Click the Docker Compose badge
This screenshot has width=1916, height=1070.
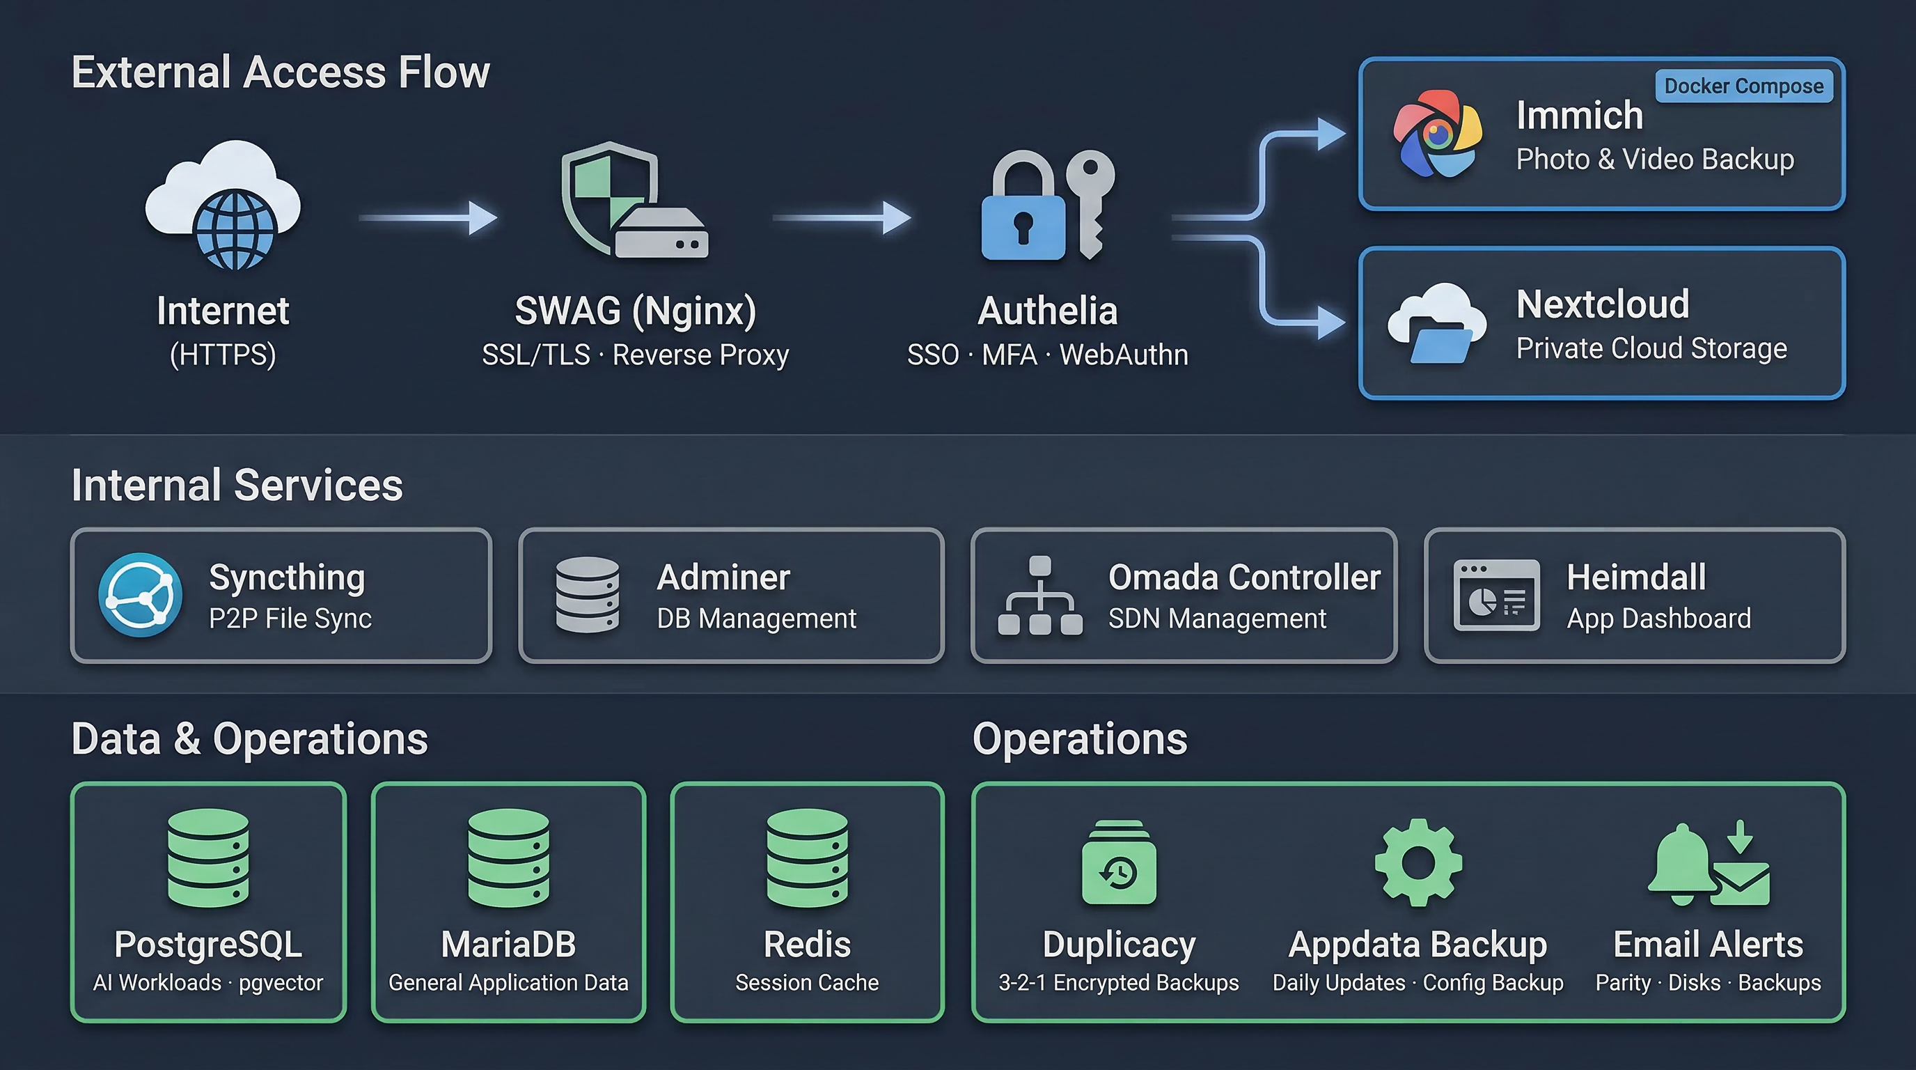(1743, 86)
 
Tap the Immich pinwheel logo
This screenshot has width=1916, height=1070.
(1437, 134)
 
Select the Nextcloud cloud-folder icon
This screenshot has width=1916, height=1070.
(1437, 325)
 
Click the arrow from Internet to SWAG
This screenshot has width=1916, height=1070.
(428, 217)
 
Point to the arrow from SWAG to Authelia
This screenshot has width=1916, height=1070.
(842, 217)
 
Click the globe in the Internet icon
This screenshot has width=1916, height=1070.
(236, 230)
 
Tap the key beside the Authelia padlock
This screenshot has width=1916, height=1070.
(1090, 201)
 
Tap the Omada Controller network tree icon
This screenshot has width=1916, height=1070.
(1040, 597)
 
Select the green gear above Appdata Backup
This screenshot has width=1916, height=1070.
(1418, 862)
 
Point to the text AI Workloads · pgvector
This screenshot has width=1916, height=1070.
(208, 983)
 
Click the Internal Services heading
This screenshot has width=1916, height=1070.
(237, 485)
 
